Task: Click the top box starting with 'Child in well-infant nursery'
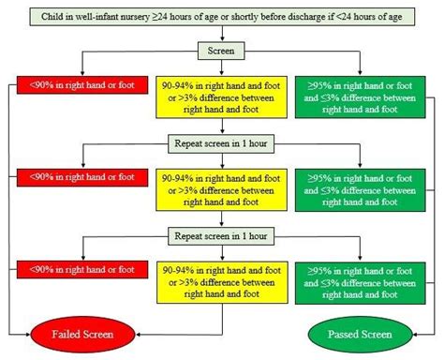[x=222, y=16]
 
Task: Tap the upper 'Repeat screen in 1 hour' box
[x=222, y=145]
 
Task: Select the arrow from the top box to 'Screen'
[x=222, y=36]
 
